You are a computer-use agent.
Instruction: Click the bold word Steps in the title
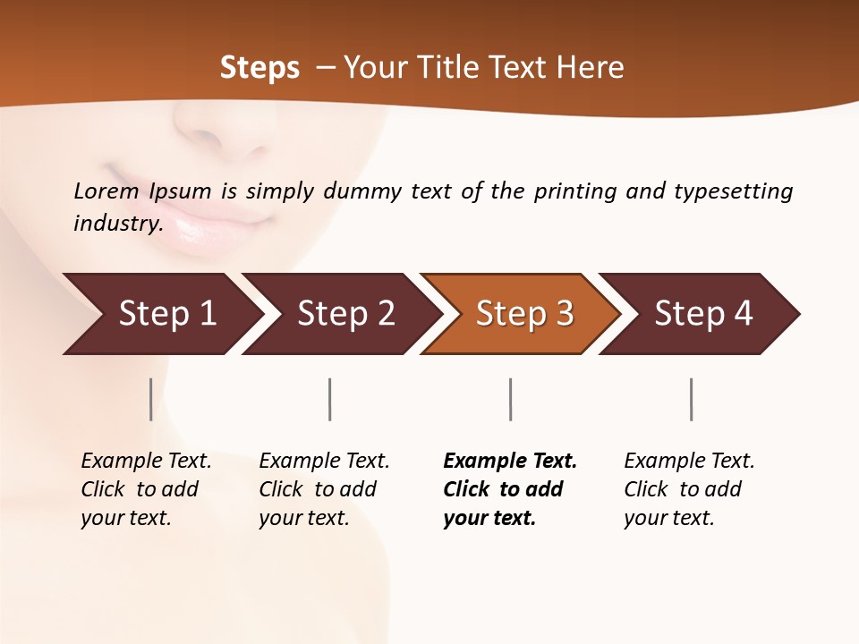pos(259,68)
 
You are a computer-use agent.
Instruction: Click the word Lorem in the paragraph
pos(106,191)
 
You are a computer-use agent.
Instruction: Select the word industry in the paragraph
pos(118,224)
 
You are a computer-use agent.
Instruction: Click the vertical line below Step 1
pos(151,399)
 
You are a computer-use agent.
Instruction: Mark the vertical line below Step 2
pos(330,399)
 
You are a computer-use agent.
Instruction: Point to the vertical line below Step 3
pos(510,399)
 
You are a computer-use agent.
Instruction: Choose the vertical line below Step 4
pos(691,399)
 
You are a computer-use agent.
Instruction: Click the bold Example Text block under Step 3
pos(508,489)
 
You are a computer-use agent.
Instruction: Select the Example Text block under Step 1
pos(146,489)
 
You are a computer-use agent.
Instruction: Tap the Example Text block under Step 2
pos(324,489)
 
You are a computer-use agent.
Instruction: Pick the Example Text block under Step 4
pos(688,489)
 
